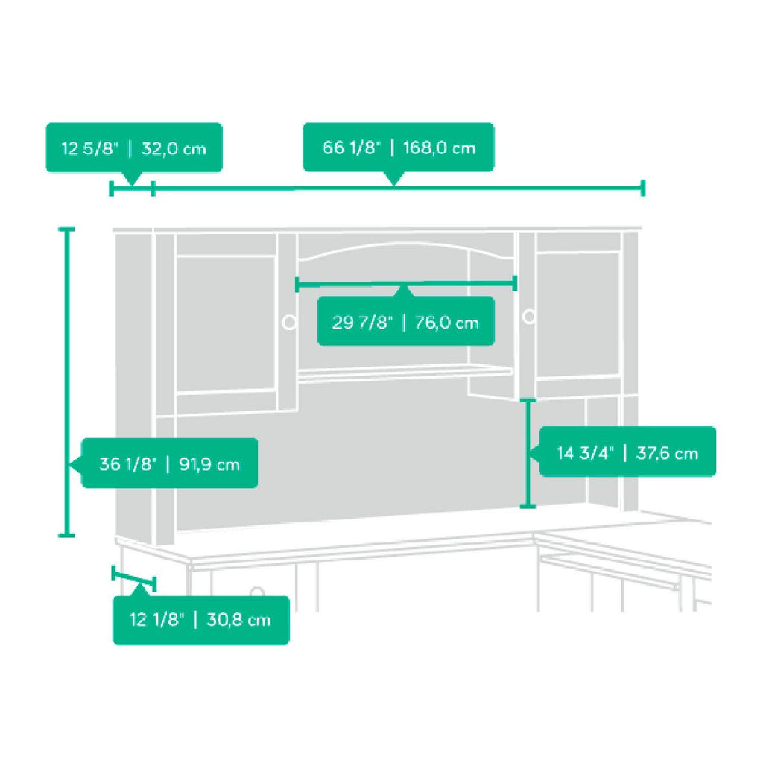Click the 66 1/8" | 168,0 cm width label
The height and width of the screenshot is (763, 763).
[x=399, y=148]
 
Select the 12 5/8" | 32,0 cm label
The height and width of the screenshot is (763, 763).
[x=134, y=148]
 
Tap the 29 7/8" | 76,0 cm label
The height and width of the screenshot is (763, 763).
[x=406, y=322]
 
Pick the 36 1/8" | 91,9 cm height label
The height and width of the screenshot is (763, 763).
[x=169, y=463]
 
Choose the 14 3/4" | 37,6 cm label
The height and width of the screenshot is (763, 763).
[x=627, y=452]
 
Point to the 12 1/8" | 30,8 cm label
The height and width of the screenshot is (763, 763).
[x=201, y=620]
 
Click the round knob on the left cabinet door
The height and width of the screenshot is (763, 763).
[x=289, y=322]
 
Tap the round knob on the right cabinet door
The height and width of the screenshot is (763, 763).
[x=528, y=317]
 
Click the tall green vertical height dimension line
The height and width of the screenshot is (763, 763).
[x=66, y=382]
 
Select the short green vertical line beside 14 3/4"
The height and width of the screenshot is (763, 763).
[x=528, y=453]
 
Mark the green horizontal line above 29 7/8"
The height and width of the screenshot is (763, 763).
[x=406, y=284]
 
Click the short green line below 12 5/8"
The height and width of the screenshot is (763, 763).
[x=132, y=189]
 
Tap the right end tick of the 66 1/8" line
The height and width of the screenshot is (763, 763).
[x=643, y=188]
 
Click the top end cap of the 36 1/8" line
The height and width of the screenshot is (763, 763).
[x=66, y=228]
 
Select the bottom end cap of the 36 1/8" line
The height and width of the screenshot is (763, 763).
[x=66, y=535]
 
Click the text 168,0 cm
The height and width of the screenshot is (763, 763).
[x=439, y=148]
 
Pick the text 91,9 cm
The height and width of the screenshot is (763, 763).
[x=209, y=464]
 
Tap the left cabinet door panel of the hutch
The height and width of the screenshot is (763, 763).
[x=226, y=323]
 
